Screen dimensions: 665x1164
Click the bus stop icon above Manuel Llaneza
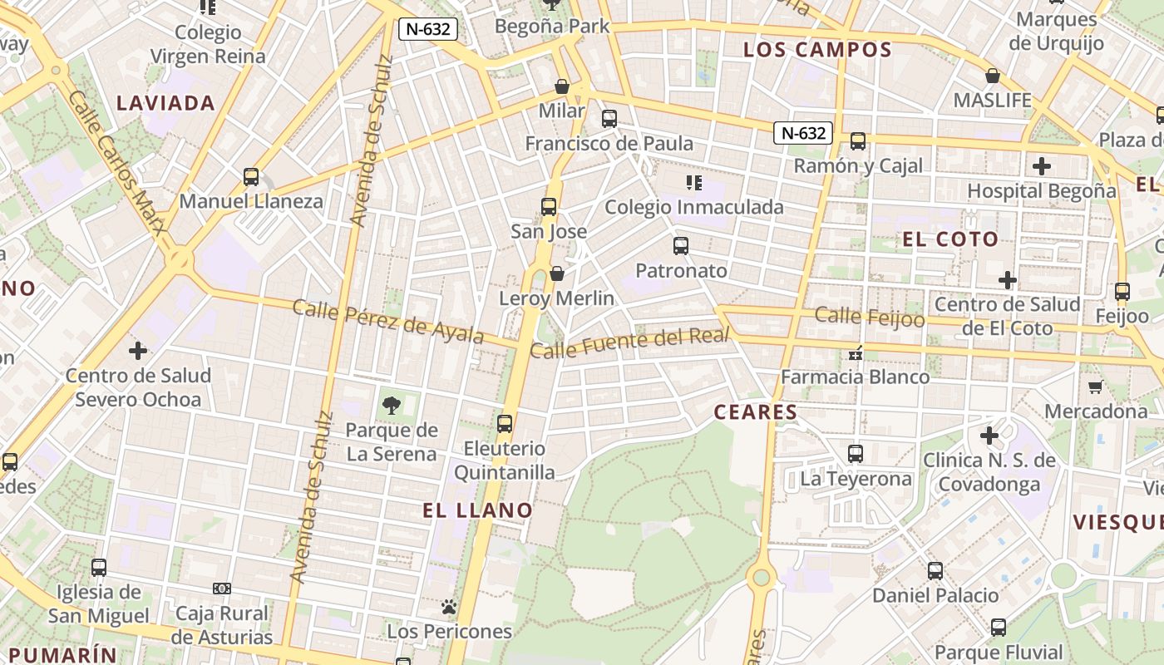click(251, 177)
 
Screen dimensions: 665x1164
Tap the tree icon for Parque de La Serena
click(391, 406)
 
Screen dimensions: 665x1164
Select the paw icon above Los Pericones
click(450, 608)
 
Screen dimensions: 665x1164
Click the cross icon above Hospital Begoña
click(1041, 166)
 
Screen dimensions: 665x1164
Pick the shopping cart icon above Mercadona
click(1096, 387)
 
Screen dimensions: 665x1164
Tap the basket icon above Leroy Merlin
click(557, 273)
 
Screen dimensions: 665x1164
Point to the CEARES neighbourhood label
click(756, 411)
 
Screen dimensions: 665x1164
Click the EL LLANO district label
click(477, 510)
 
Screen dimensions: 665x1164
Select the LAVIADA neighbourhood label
click(166, 103)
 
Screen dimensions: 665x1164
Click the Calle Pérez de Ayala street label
click(388, 320)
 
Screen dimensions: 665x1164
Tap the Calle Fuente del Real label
click(629, 342)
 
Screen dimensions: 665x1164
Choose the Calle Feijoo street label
click(870, 316)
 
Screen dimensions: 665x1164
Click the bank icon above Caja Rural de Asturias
click(222, 589)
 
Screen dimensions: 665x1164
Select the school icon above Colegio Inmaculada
click(693, 182)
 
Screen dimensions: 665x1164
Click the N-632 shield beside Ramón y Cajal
click(803, 133)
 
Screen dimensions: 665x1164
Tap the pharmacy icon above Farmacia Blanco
click(855, 353)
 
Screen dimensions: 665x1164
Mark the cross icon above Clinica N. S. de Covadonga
click(989, 435)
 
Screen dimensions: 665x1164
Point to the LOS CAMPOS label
click(817, 50)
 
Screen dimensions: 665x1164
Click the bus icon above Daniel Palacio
click(935, 570)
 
